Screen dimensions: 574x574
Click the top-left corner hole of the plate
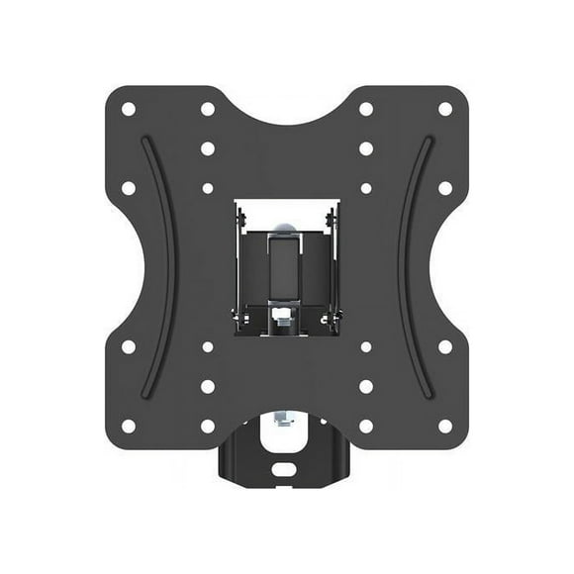click(128, 109)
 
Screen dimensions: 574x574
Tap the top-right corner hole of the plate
click(445, 109)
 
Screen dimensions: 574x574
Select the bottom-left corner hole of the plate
click(128, 426)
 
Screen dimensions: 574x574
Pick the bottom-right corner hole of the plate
click(445, 426)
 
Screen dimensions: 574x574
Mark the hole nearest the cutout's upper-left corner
click(208, 187)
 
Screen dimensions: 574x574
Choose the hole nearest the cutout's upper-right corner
click(366, 187)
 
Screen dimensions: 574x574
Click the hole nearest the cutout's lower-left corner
click(208, 346)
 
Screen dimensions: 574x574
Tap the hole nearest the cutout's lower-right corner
click(366, 346)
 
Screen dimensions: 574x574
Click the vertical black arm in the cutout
click(286, 267)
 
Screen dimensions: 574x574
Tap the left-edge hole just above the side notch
click(128, 187)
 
